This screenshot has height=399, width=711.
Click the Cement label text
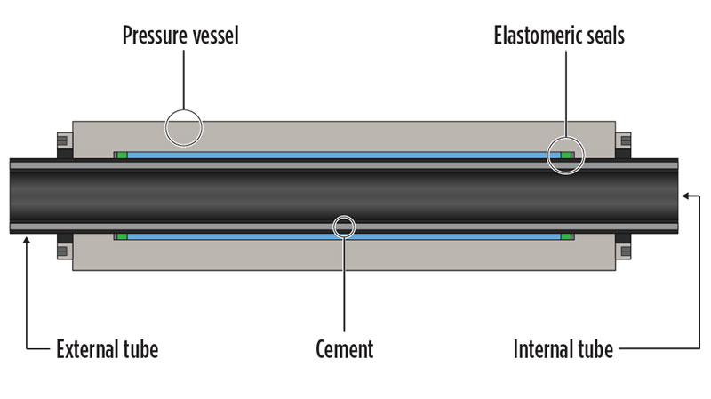344,349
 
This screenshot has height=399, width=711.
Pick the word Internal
545,349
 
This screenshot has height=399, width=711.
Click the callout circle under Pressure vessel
184,128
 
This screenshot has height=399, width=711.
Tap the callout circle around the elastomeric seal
566,156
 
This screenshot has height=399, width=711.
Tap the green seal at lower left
122,236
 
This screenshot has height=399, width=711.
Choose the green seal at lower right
566,236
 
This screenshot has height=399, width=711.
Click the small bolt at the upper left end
64,142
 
